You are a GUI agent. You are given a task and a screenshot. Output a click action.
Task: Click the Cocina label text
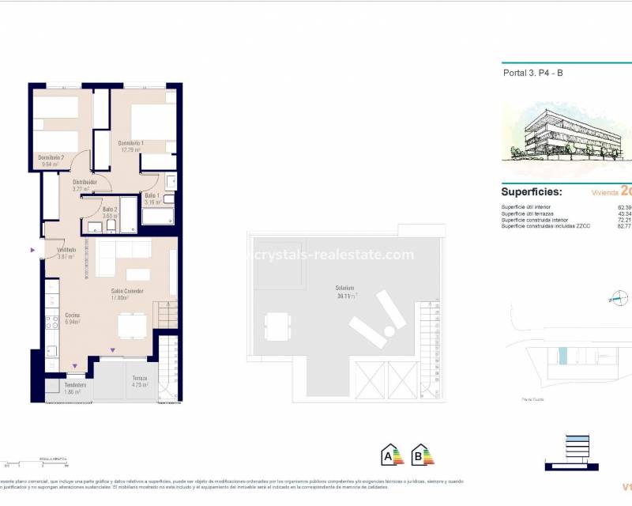[x=72, y=318]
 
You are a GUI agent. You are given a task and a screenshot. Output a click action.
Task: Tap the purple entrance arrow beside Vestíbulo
[x=32, y=251]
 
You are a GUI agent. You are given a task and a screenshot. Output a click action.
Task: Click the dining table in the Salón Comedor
[x=131, y=325]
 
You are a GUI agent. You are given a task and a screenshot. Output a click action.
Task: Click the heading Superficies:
[x=531, y=192]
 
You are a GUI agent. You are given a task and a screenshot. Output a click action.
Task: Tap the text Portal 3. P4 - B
[x=533, y=74]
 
